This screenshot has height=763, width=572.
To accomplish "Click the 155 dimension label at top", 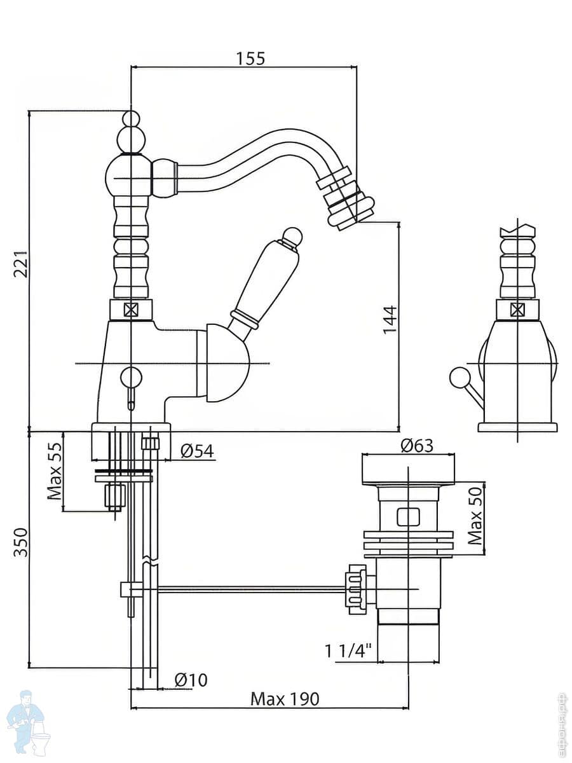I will tap(250, 58).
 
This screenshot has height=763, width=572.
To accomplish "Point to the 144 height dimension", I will tap(389, 319).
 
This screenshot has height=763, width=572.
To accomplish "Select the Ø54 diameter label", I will tap(197, 451).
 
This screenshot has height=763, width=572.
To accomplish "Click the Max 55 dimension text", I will tap(55, 471).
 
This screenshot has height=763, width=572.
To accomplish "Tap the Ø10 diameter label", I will tap(190, 680).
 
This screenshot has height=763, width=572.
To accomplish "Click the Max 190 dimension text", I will tap(284, 699).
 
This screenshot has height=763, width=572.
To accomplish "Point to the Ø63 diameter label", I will tap(417, 445).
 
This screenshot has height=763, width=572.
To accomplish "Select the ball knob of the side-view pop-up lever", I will tap(457, 378).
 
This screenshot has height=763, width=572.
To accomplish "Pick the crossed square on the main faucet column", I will tap(131, 310).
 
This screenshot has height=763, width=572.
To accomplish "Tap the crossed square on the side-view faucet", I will tap(519, 310).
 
